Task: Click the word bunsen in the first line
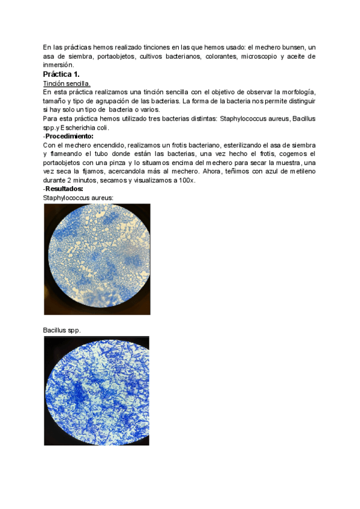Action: [x=291, y=47]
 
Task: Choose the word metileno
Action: [x=299, y=172]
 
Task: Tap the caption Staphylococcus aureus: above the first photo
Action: [x=78, y=197]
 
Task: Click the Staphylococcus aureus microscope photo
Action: [x=97, y=259]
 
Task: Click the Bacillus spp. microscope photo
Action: [x=97, y=391]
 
